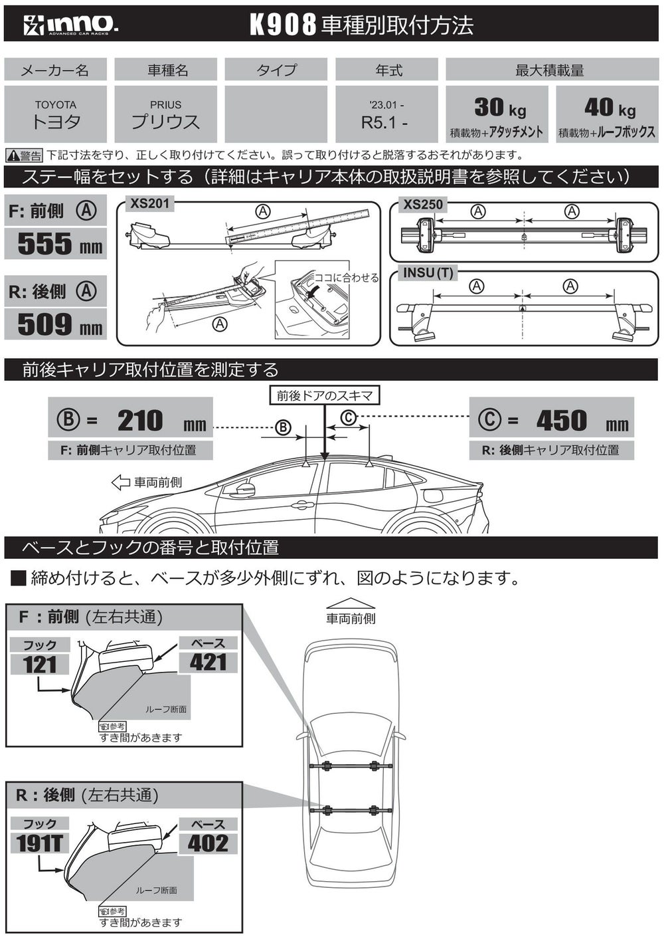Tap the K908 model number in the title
282,25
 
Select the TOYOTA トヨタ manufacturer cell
56,114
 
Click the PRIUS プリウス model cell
165,114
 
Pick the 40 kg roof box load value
609,107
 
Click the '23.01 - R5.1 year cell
386,114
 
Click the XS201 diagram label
149,203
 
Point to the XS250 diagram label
423,204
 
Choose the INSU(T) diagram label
428,272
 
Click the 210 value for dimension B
140,421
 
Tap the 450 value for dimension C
562,421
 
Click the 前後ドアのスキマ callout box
325,395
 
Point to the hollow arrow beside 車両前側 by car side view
120,482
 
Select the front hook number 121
40,664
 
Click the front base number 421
208,662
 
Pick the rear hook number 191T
40,843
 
